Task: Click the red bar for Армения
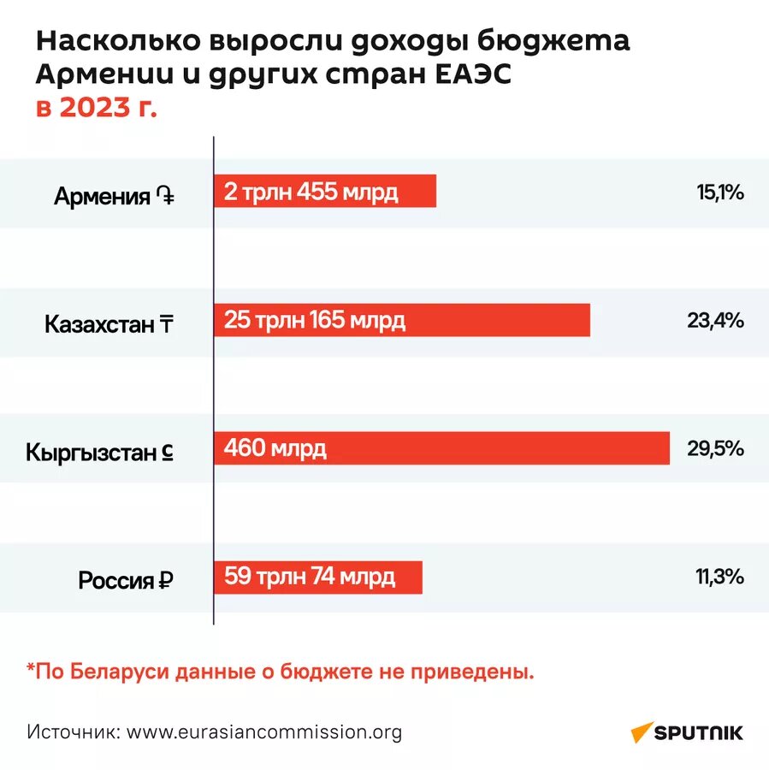click(x=325, y=192)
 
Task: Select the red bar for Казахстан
click(x=402, y=321)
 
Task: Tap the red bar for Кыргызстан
click(x=441, y=447)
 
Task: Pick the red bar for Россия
click(x=317, y=576)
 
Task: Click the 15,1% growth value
click(x=719, y=192)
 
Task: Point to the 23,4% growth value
click(x=715, y=321)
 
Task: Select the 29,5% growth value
click(x=715, y=447)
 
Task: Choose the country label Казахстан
click(x=98, y=325)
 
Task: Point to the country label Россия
click(x=116, y=581)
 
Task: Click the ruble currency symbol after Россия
click(x=166, y=581)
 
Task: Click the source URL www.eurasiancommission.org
click(x=264, y=732)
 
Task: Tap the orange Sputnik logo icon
click(x=642, y=732)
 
